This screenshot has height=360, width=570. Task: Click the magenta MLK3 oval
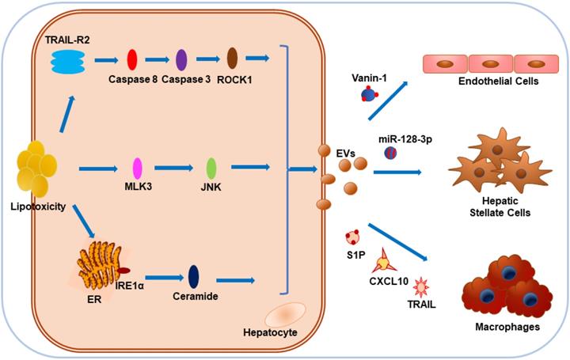point(137,168)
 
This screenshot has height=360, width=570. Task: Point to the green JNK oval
point(211,168)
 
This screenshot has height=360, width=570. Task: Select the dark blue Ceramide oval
point(193,275)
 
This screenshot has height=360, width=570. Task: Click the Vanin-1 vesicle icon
point(367,95)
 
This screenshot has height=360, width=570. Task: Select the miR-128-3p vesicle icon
point(390,153)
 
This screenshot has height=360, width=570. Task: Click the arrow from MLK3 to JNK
point(173,168)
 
